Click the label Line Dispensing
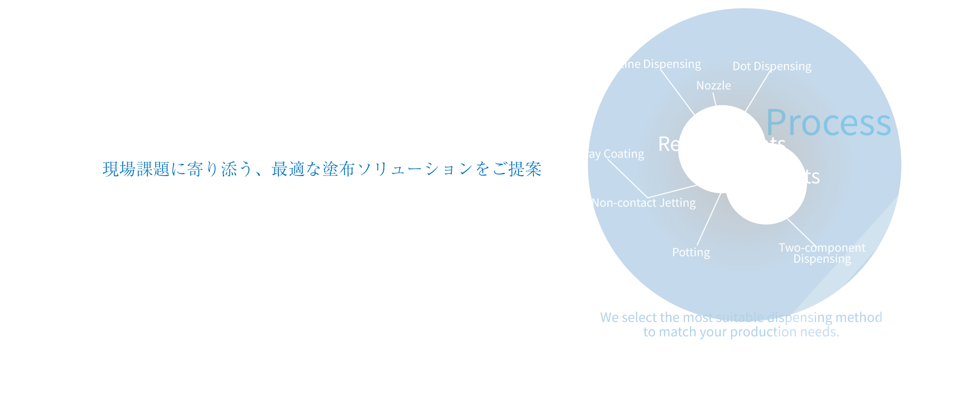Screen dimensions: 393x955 click(660, 64)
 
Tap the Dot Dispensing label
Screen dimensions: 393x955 click(772, 67)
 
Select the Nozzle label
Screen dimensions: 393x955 click(713, 85)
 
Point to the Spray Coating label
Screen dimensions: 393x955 click(608, 154)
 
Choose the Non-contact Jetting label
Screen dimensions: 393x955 click(644, 203)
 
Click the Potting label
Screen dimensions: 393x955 click(691, 252)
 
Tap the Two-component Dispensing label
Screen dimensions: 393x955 click(822, 253)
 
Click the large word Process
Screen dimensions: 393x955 click(829, 123)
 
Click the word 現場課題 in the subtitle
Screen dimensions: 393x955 click(136, 169)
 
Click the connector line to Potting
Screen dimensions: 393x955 click(708, 220)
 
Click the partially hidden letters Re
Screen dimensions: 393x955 click(668, 144)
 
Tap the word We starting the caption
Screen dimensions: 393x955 click(609, 317)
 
